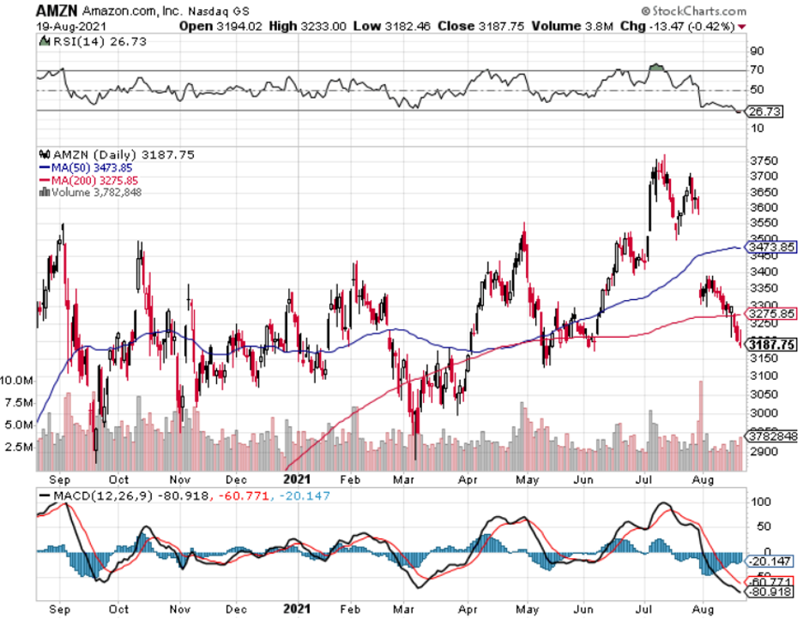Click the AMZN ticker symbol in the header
[x=56, y=11]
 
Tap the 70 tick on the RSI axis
[x=758, y=70]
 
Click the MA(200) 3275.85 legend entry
[x=88, y=180]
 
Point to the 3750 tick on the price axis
[x=763, y=160]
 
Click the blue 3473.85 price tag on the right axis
[x=771, y=248]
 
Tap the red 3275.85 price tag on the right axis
[x=771, y=314]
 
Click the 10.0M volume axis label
[x=17, y=379]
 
